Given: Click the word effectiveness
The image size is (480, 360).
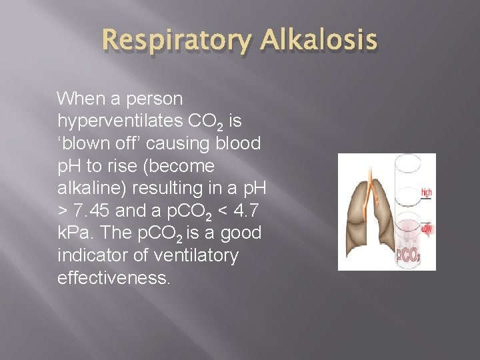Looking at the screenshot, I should (113, 277).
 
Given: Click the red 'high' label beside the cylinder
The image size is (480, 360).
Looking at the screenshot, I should (426, 192).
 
